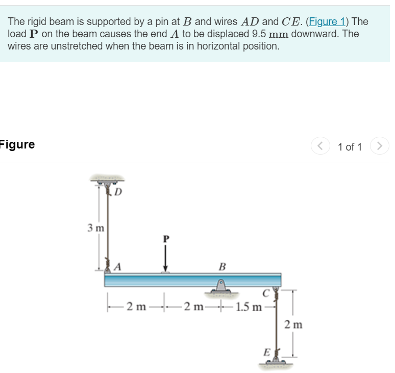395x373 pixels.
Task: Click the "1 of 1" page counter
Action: pyautogui.click(x=350, y=147)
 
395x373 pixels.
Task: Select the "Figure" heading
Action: pyautogui.click(x=17, y=144)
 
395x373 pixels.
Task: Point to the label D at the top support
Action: pyautogui.click(x=118, y=192)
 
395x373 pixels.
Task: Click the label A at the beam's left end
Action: pyautogui.click(x=118, y=266)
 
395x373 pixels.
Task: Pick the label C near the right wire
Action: pyautogui.click(x=265, y=293)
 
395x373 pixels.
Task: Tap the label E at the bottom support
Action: pyautogui.click(x=265, y=352)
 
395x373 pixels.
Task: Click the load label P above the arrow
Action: pyautogui.click(x=165, y=238)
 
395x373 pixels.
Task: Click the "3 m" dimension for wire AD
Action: pyautogui.click(x=95, y=228)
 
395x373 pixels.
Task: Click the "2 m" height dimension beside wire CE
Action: pyautogui.click(x=293, y=324)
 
